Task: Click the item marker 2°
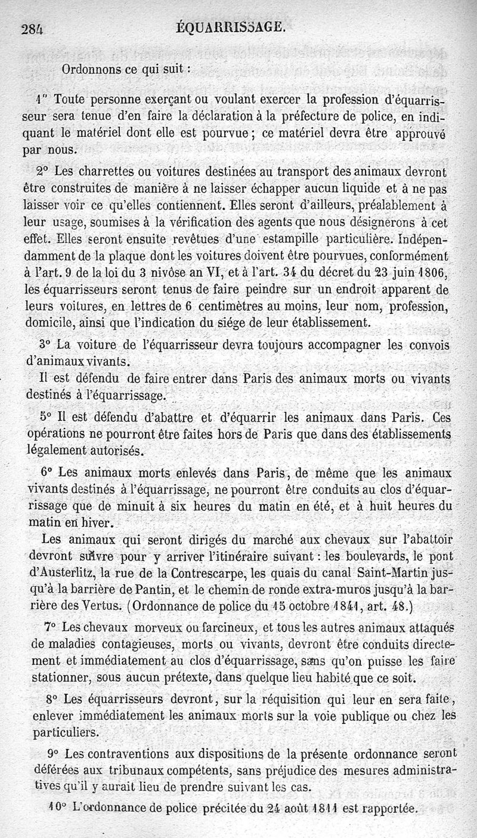point(42,171)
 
